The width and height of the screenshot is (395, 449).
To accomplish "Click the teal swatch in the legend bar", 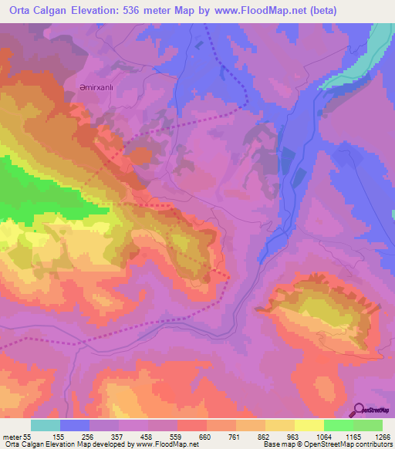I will tap(46, 425).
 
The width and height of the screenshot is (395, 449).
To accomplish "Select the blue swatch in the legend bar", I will tap(75, 425).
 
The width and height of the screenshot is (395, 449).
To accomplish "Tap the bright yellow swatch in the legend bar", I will tap(309, 425).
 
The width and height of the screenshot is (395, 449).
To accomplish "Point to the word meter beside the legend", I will tap(13, 436).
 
